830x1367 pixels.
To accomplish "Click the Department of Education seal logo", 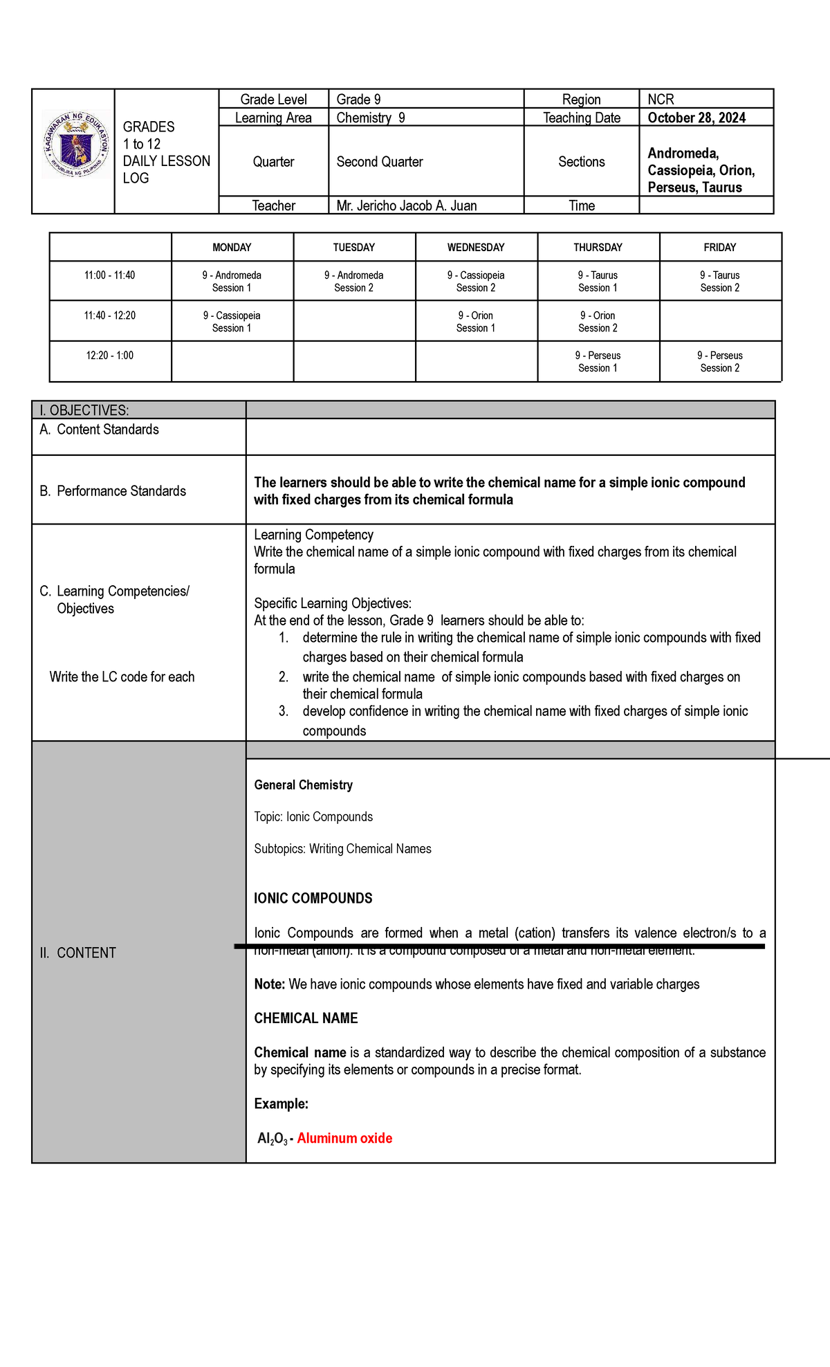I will pyautogui.click(x=75, y=144).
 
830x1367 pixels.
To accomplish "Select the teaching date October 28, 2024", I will pyautogui.click(x=696, y=118).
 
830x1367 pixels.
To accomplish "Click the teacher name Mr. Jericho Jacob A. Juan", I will pyautogui.click(x=406, y=205).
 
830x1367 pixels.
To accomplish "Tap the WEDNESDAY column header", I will pyautogui.click(x=476, y=247).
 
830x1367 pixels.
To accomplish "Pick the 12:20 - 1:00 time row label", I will pyautogui.click(x=110, y=356).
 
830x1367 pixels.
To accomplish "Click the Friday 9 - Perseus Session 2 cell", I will pyautogui.click(x=719, y=362).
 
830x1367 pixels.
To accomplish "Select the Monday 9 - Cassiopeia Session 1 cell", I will pyautogui.click(x=232, y=322).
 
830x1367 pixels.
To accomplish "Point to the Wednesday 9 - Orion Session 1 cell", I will pyautogui.click(x=476, y=322).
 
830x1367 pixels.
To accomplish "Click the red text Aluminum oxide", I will pyautogui.click(x=344, y=1138).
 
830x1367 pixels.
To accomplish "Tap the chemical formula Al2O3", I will pyautogui.click(x=272, y=1139).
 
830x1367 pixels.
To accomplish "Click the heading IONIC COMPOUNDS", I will pyautogui.click(x=313, y=898).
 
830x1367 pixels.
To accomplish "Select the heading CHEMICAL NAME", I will pyautogui.click(x=306, y=1018).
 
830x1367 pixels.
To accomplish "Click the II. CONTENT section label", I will pyautogui.click(x=77, y=953).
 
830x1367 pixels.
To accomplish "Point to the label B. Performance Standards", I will pyautogui.click(x=113, y=491).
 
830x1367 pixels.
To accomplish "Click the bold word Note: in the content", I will pyautogui.click(x=270, y=984).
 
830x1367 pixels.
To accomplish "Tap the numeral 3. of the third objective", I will pyautogui.click(x=284, y=711).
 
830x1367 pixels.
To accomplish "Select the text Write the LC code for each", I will pyautogui.click(x=122, y=677).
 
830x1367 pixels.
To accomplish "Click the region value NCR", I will pyautogui.click(x=661, y=100).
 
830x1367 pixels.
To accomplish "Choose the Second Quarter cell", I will pyautogui.click(x=380, y=162).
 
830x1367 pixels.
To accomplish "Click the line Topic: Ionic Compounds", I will pyautogui.click(x=313, y=817).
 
